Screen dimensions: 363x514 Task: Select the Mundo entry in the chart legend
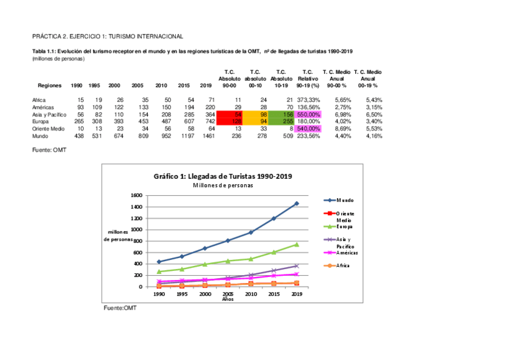click(345, 200)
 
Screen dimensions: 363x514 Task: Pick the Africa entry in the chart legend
click(342, 265)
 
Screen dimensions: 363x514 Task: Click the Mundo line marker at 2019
click(296, 204)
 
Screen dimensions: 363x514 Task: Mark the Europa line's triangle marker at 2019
click(296, 244)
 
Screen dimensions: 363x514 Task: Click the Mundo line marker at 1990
click(159, 262)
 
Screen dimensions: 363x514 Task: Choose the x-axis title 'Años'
click(228, 299)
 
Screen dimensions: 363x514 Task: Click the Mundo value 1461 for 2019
click(209, 136)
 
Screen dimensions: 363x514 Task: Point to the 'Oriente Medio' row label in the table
click(48, 128)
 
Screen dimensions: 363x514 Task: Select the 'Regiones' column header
click(48, 85)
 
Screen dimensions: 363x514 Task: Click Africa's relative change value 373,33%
click(308, 99)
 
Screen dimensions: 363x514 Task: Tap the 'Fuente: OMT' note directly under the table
click(49, 149)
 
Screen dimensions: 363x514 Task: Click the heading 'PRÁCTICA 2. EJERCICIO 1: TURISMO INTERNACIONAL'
click(107, 37)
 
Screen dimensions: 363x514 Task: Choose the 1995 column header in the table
click(95, 85)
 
